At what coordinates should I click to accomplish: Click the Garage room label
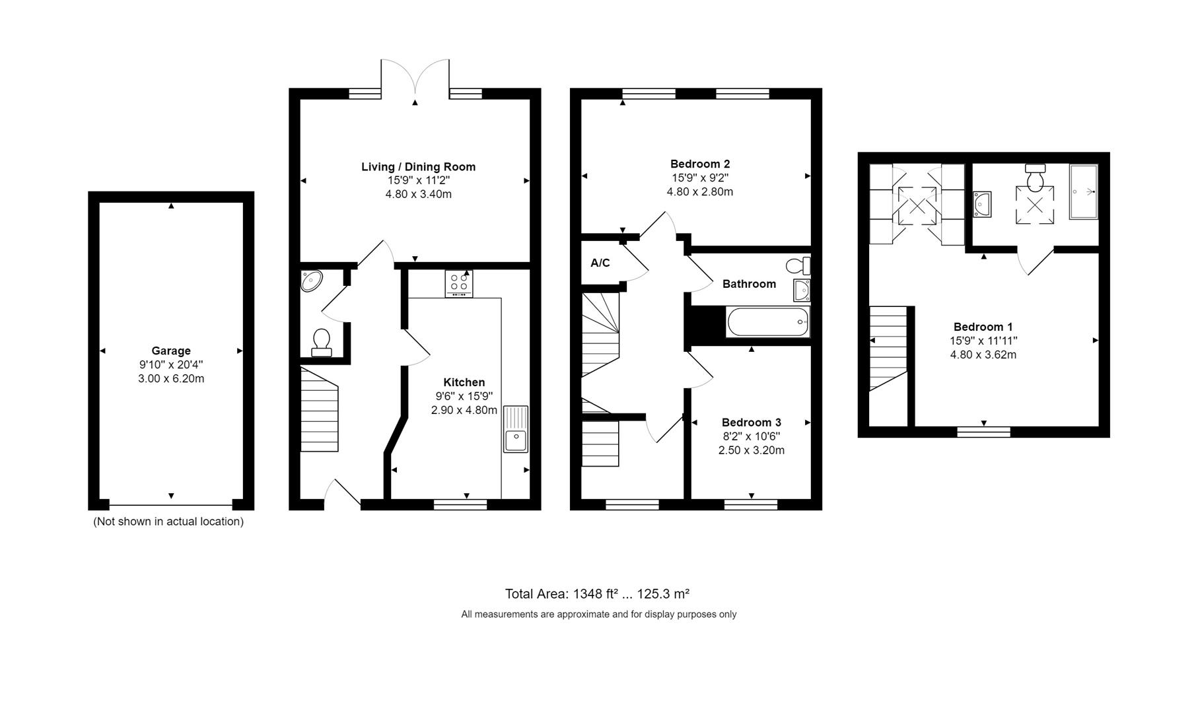[170, 351]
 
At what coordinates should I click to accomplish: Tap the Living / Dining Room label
[418, 167]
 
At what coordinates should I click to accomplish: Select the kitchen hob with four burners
[458, 284]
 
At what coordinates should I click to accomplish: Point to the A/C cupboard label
[600, 263]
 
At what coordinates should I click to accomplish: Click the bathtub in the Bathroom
[767, 322]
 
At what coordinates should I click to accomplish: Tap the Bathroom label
[749, 284]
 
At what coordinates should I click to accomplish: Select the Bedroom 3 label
[751, 423]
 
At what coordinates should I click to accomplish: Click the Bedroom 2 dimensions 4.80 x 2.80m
[699, 192]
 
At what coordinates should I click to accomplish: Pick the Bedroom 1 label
[983, 327]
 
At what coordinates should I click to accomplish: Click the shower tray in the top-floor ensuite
[1083, 192]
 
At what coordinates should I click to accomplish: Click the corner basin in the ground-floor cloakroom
[310, 281]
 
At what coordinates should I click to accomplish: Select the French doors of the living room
[415, 78]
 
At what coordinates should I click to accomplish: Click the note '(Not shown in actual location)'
[168, 522]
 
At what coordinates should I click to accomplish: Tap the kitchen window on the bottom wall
[460, 504]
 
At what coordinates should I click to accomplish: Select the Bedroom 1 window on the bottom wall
[983, 432]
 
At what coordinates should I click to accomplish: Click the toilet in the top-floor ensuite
[1035, 177]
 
